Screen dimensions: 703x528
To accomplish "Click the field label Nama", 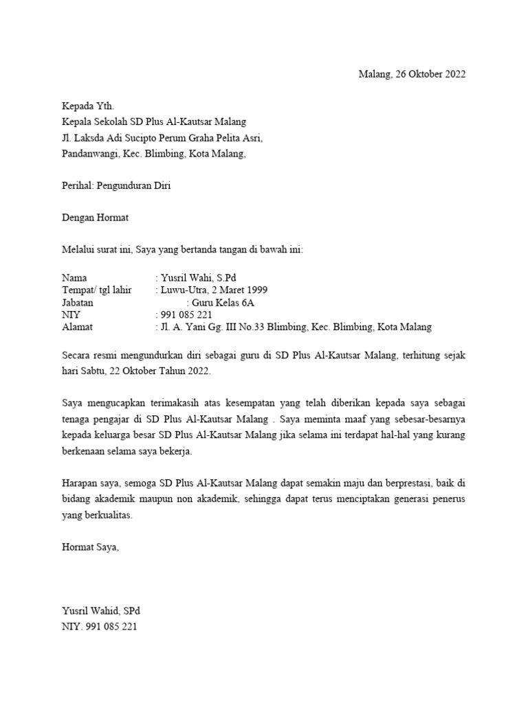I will tap(75, 278).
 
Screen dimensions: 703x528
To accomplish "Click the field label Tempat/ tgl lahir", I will tap(96, 290).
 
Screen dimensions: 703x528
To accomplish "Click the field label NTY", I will tap(71, 315).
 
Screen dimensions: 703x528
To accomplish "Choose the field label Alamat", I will tap(77, 327).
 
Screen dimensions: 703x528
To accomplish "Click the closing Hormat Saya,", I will tap(90, 547).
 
